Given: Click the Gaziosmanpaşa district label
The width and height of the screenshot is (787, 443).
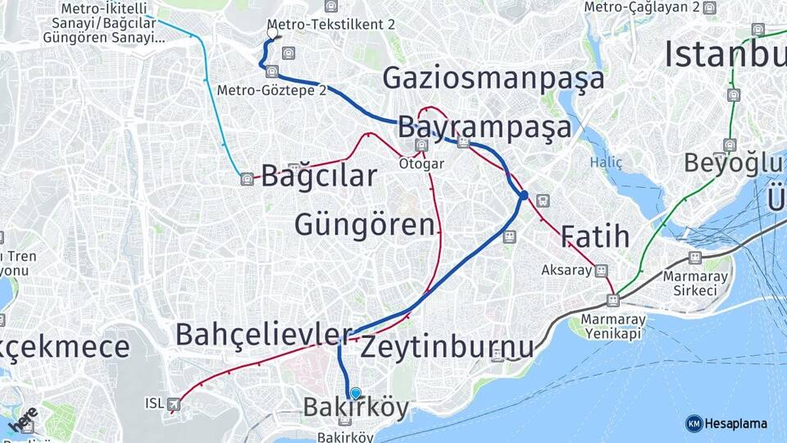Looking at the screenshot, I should [x=494, y=78].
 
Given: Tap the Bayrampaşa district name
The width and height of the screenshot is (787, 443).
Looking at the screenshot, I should [x=484, y=128].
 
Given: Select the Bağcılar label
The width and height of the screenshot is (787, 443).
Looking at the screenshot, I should [x=319, y=176].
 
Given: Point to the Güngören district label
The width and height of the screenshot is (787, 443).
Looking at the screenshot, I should [x=364, y=224].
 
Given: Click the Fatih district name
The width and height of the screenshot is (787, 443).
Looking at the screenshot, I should [x=595, y=237].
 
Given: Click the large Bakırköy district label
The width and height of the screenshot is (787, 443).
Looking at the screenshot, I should [x=356, y=407].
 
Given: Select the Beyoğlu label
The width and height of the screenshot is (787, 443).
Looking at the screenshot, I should [x=725, y=162].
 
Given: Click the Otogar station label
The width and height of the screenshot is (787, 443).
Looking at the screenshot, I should [x=421, y=163].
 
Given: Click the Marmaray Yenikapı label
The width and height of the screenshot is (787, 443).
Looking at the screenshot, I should [x=613, y=326].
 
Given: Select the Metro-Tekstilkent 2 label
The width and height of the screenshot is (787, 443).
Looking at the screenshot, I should [x=332, y=25].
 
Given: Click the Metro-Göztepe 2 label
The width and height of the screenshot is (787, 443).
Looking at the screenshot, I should [x=272, y=89].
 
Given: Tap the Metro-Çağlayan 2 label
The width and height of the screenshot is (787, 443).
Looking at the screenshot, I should [x=642, y=7].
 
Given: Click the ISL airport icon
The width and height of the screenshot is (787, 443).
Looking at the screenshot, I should [x=174, y=404].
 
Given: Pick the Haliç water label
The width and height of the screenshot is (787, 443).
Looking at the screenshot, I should [x=606, y=162].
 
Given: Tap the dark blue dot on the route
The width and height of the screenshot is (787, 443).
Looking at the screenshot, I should [x=523, y=195].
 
